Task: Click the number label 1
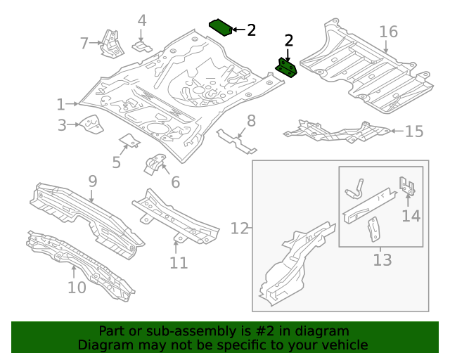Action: pyautogui.click(x=61, y=105)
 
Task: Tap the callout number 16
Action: pyautogui.click(x=388, y=32)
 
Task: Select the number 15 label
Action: pyautogui.click(x=414, y=131)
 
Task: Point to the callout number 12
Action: pyautogui.click(x=240, y=229)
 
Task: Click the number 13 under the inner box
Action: pyautogui.click(x=381, y=261)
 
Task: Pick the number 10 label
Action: pyautogui.click(x=77, y=287)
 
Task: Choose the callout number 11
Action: pyautogui.click(x=179, y=263)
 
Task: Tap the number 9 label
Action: pyautogui.click(x=92, y=181)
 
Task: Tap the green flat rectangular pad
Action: pyautogui.click(x=221, y=27)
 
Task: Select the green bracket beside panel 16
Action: pyautogui.click(x=287, y=67)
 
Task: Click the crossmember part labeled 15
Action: pyautogui.click(x=337, y=131)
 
